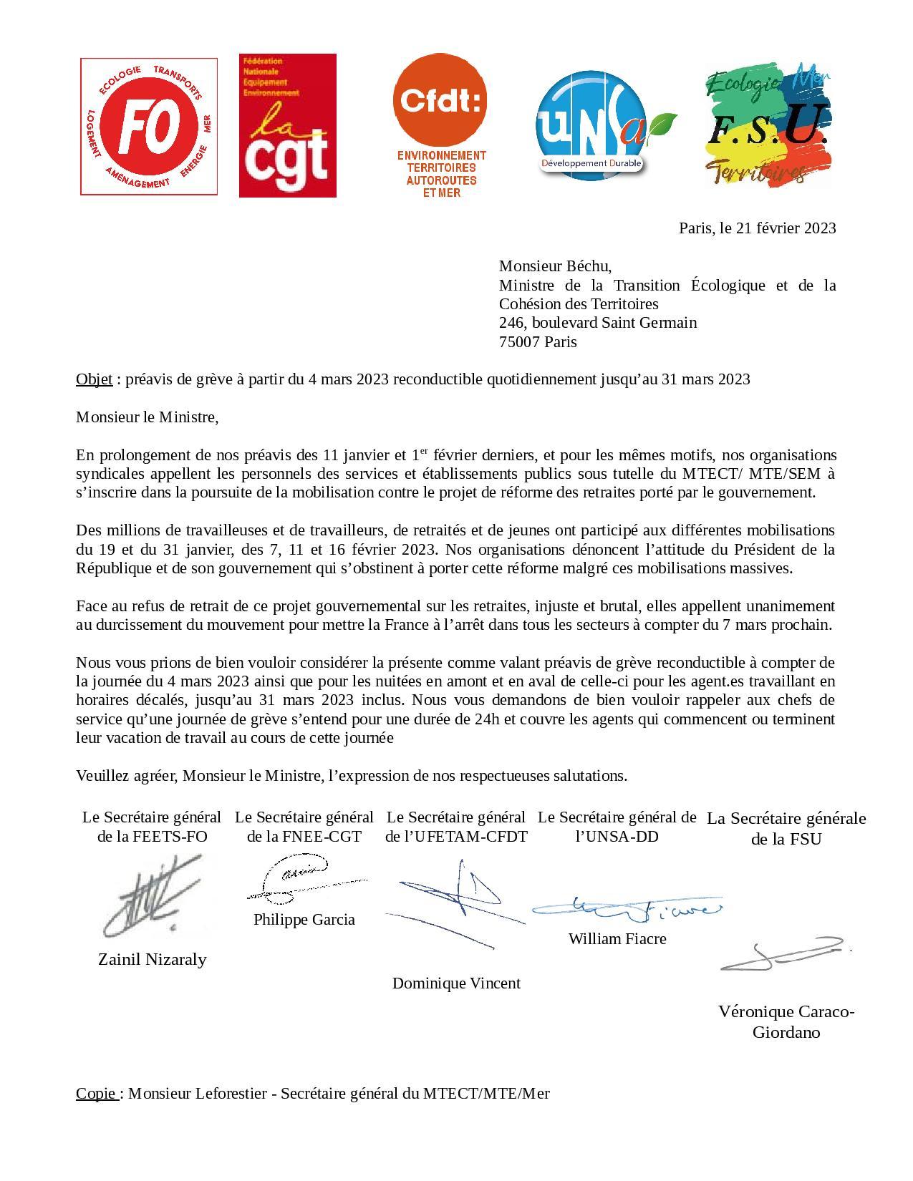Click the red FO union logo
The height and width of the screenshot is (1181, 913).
click(x=149, y=126)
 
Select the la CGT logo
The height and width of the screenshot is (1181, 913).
click(x=287, y=125)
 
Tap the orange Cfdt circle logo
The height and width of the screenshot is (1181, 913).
click(x=440, y=101)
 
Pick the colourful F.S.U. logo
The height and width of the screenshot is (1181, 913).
click(x=767, y=125)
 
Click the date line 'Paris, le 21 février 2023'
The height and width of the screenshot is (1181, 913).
click(x=757, y=228)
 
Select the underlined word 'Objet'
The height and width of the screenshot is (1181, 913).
click(x=94, y=379)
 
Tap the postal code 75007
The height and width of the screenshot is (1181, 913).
click(x=519, y=342)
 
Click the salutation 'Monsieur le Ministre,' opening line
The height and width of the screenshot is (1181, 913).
click(x=147, y=417)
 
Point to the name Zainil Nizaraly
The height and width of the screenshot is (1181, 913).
click(x=152, y=960)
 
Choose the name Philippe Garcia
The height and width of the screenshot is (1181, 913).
click(x=304, y=920)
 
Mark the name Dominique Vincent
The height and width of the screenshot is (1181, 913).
click(x=456, y=983)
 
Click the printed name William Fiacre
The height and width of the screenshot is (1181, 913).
click(x=617, y=939)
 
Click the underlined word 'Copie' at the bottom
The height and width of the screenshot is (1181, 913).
click(x=97, y=1094)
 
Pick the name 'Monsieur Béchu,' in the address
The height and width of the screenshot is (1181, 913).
click(x=555, y=267)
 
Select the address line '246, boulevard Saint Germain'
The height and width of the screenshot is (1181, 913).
click(x=597, y=323)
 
